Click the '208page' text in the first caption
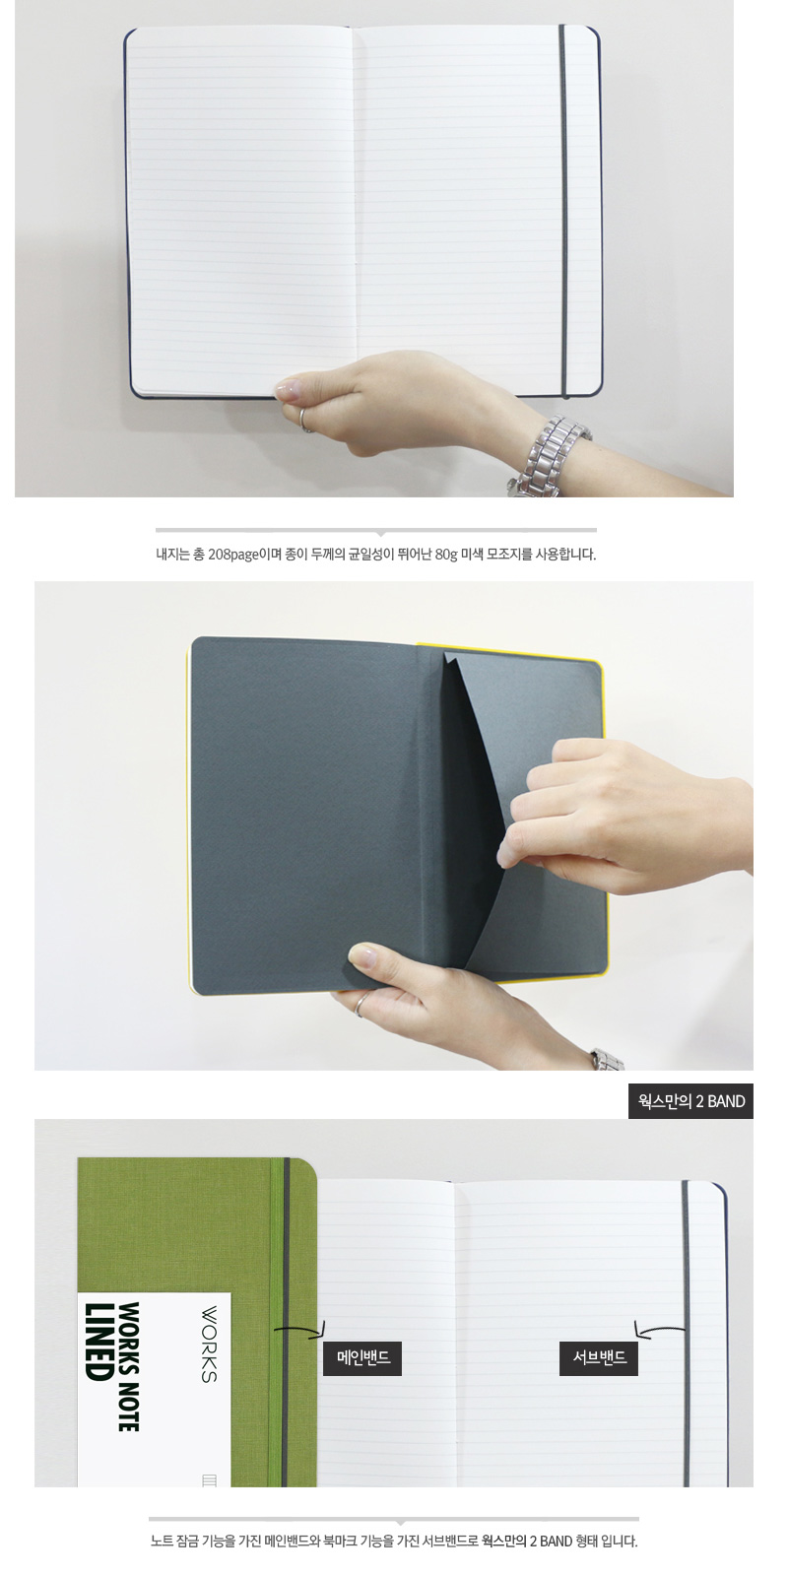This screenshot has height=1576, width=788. [233, 555]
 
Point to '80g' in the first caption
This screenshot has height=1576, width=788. [446, 555]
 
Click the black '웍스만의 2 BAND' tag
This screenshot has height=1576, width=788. [690, 1101]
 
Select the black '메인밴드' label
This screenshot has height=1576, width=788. [362, 1358]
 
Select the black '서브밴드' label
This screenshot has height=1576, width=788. [599, 1358]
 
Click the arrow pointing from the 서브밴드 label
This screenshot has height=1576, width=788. [659, 1329]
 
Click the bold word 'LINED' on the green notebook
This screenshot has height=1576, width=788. [98, 1342]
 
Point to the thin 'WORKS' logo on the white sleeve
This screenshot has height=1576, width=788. [209, 1345]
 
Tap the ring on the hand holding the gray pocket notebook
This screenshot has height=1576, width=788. [361, 1005]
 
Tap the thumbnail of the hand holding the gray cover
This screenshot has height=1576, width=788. [361, 954]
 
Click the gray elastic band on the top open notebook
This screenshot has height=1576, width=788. [562, 211]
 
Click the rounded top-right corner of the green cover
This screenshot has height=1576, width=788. [308, 1167]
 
